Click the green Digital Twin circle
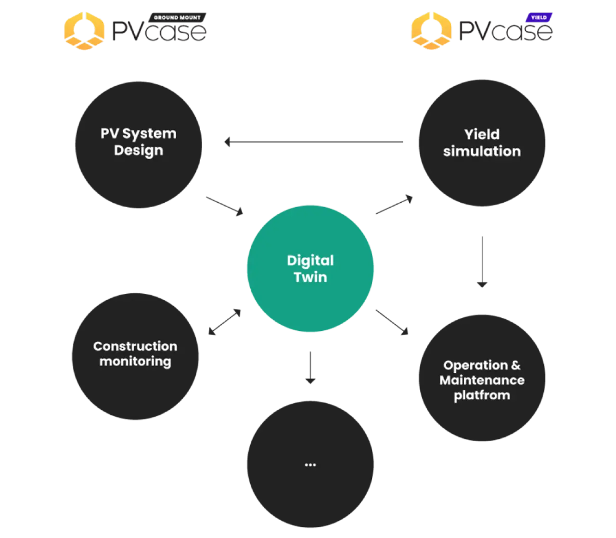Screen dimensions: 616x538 click(x=310, y=268)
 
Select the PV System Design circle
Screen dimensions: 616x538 click(x=139, y=144)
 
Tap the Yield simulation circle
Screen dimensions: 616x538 click(x=482, y=143)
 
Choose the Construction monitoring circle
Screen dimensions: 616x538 click(x=135, y=356)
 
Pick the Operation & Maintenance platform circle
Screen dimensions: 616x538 click(x=482, y=378)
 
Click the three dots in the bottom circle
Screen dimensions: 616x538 click(x=310, y=465)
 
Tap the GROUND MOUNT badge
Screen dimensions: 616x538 click(x=177, y=17)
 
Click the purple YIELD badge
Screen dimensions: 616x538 click(x=539, y=17)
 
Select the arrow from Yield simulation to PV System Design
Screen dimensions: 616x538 click(x=314, y=142)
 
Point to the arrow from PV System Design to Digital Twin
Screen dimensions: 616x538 click(x=224, y=206)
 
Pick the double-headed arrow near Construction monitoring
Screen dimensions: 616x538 click(x=225, y=322)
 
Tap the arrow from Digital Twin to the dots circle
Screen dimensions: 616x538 click(x=310, y=367)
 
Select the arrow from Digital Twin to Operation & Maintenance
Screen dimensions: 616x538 click(x=392, y=322)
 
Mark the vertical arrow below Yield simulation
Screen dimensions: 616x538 click(x=482, y=262)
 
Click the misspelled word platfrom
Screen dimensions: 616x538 click(x=482, y=395)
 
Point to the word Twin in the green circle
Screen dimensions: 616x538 click(x=310, y=277)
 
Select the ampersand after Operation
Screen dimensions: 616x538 click(x=516, y=365)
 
